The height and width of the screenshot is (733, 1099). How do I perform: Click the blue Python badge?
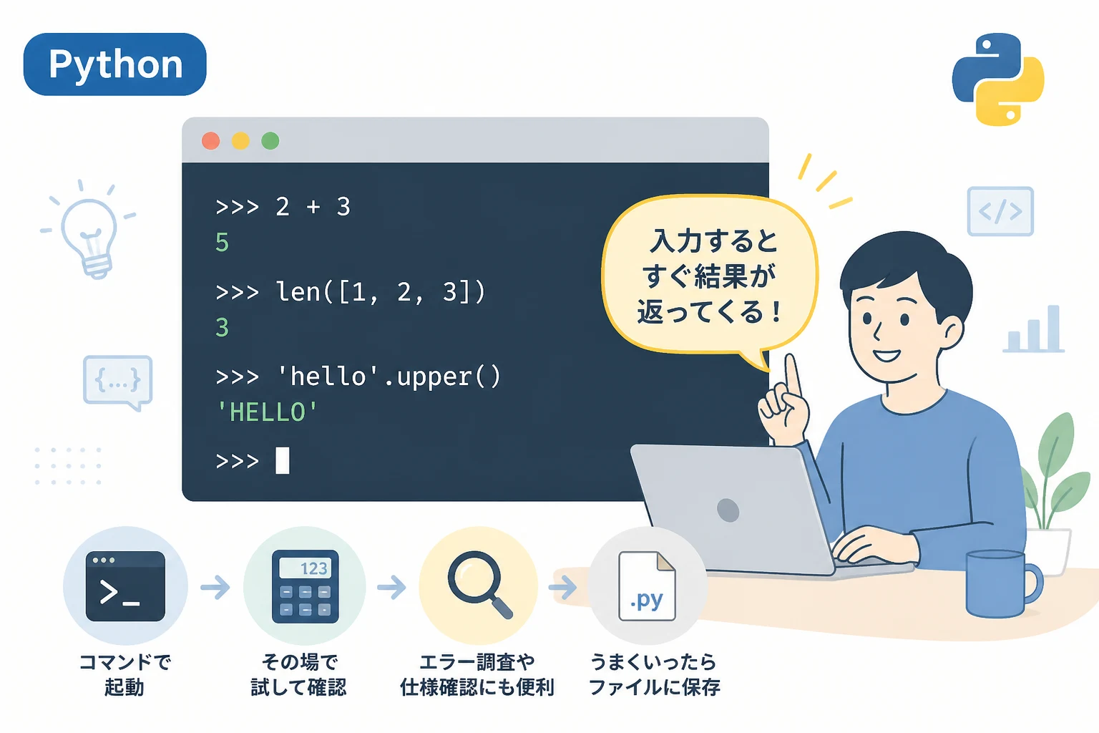114,64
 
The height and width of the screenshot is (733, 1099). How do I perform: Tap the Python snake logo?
998,79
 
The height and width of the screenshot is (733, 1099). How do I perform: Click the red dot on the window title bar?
211,141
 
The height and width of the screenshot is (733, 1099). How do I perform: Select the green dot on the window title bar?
270,141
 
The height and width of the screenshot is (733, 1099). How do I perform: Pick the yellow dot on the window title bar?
240,141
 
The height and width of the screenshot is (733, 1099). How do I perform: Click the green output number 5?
223,243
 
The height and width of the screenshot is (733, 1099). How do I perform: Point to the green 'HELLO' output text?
268,412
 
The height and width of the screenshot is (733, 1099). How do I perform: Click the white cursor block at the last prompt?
282,460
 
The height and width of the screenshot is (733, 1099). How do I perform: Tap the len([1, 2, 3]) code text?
381,292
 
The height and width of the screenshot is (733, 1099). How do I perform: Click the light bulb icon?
89,230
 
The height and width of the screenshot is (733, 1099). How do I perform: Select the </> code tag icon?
1000,211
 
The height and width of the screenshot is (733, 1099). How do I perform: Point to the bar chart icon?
1034,329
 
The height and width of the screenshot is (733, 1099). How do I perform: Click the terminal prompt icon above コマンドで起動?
125,586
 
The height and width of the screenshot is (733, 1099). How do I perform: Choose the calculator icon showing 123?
306,586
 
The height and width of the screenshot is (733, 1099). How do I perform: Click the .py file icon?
647,586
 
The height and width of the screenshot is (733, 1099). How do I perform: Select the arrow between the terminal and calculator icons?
215,587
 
